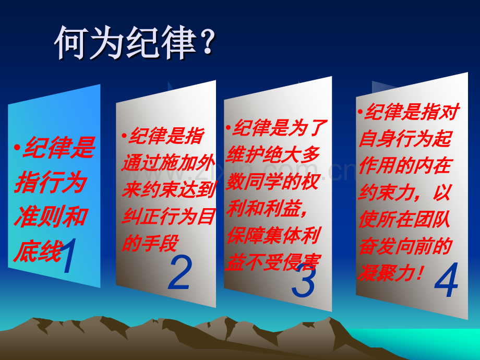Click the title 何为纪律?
tap(135, 43)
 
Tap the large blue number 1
tap(69, 256)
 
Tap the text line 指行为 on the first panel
tap(50, 182)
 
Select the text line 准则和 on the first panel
tap(51, 216)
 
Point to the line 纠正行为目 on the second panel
tap(168, 216)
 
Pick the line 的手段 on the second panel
tap(150, 243)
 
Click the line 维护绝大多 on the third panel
tap(273, 155)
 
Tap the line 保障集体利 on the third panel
tap(273, 235)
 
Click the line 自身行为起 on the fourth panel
tap(405, 139)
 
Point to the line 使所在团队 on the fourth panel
tap(405, 220)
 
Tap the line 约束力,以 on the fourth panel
tap(405, 193)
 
